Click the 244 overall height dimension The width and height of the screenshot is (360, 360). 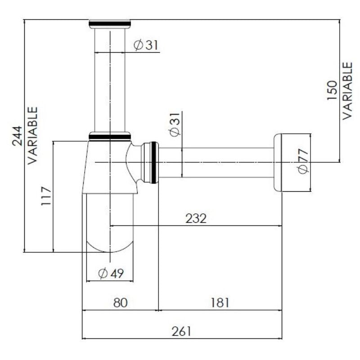tap(17, 136)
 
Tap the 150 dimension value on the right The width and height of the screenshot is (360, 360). tap(332, 90)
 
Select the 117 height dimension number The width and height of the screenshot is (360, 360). tap(46, 196)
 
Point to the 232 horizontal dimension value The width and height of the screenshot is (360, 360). tap(196, 218)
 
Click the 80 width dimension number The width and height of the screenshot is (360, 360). tap(120, 302)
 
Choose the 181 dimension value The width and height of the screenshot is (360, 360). tap(220, 302)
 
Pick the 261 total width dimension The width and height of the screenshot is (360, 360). tap(181, 331)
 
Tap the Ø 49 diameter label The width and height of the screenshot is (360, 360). tap(111, 273)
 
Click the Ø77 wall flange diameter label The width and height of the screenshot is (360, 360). tap(303, 162)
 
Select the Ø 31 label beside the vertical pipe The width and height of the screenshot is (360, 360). tap(146, 45)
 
